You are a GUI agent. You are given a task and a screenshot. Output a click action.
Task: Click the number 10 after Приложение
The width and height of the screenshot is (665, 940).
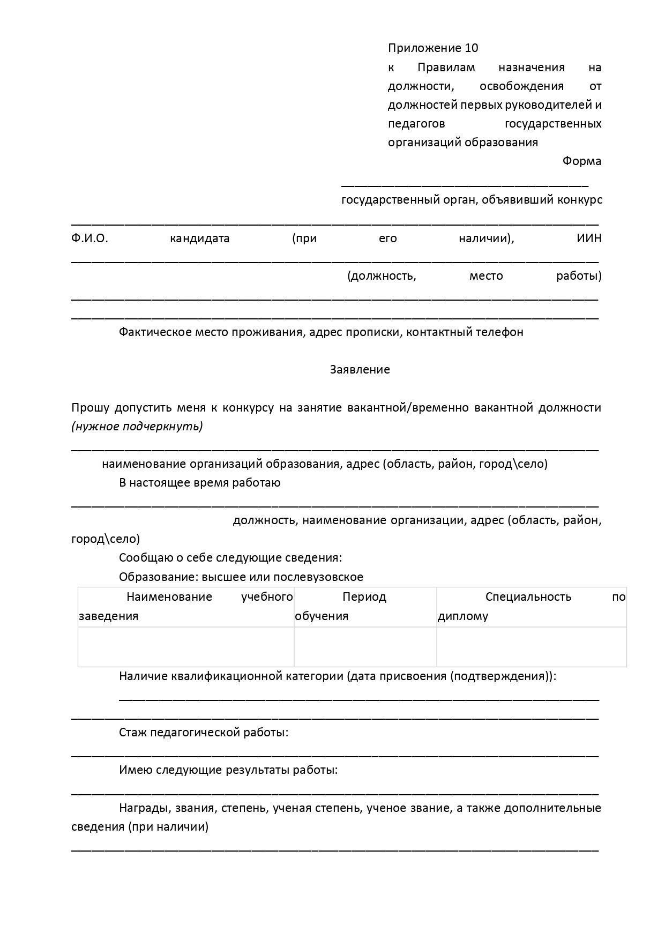point(472,48)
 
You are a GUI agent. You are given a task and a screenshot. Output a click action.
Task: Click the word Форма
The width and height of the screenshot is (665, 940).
point(581,161)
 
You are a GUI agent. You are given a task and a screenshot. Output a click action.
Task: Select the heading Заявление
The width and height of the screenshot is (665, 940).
point(360,370)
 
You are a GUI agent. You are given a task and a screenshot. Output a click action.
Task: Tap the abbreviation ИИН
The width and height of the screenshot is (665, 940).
point(589,238)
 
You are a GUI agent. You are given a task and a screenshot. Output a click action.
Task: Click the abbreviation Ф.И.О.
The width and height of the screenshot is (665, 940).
point(89,238)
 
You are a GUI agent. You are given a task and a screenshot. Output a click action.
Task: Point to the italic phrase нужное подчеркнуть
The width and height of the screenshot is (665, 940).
point(137,427)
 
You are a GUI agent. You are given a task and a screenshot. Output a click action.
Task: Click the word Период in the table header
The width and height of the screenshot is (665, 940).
point(364,597)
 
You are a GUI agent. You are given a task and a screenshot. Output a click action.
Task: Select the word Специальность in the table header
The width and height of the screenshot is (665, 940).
point(528,597)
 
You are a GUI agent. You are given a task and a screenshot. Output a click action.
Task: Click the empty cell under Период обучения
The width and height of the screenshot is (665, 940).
point(365,647)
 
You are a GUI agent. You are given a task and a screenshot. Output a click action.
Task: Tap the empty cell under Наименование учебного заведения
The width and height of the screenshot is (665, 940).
point(186,647)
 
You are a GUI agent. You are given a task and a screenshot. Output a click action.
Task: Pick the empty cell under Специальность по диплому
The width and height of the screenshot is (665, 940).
point(531,647)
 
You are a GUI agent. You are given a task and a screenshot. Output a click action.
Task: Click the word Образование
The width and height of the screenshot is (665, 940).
point(151,577)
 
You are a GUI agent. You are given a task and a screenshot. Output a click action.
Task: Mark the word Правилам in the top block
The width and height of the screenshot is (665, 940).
point(446,68)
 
